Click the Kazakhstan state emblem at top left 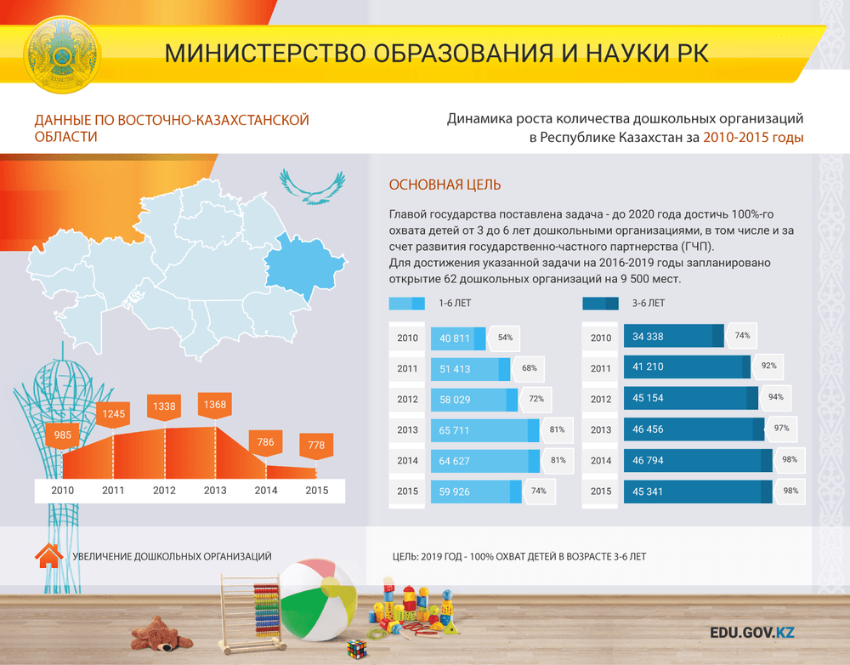(x=62, y=54)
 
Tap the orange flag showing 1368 (x=215, y=406)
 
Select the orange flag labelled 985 (x=62, y=435)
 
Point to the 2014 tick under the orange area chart (x=265, y=491)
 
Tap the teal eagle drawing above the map (x=313, y=186)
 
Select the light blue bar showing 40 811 (x=458, y=338)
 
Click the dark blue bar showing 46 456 (x=694, y=429)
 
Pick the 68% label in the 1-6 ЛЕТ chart (x=529, y=368)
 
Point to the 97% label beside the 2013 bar (x=781, y=429)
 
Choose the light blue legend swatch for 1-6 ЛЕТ (x=406, y=304)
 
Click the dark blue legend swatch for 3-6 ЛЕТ (x=600, y=304)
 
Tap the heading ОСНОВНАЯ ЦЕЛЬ (x=445, y=185)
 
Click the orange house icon (x=48, y=556)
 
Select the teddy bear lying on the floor (x=161, y=633)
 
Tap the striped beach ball (x=317, y=600)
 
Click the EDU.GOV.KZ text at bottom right (x=752, y=633)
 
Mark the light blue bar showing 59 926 (x=476, y=492)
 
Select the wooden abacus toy (x=252, y=614)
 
